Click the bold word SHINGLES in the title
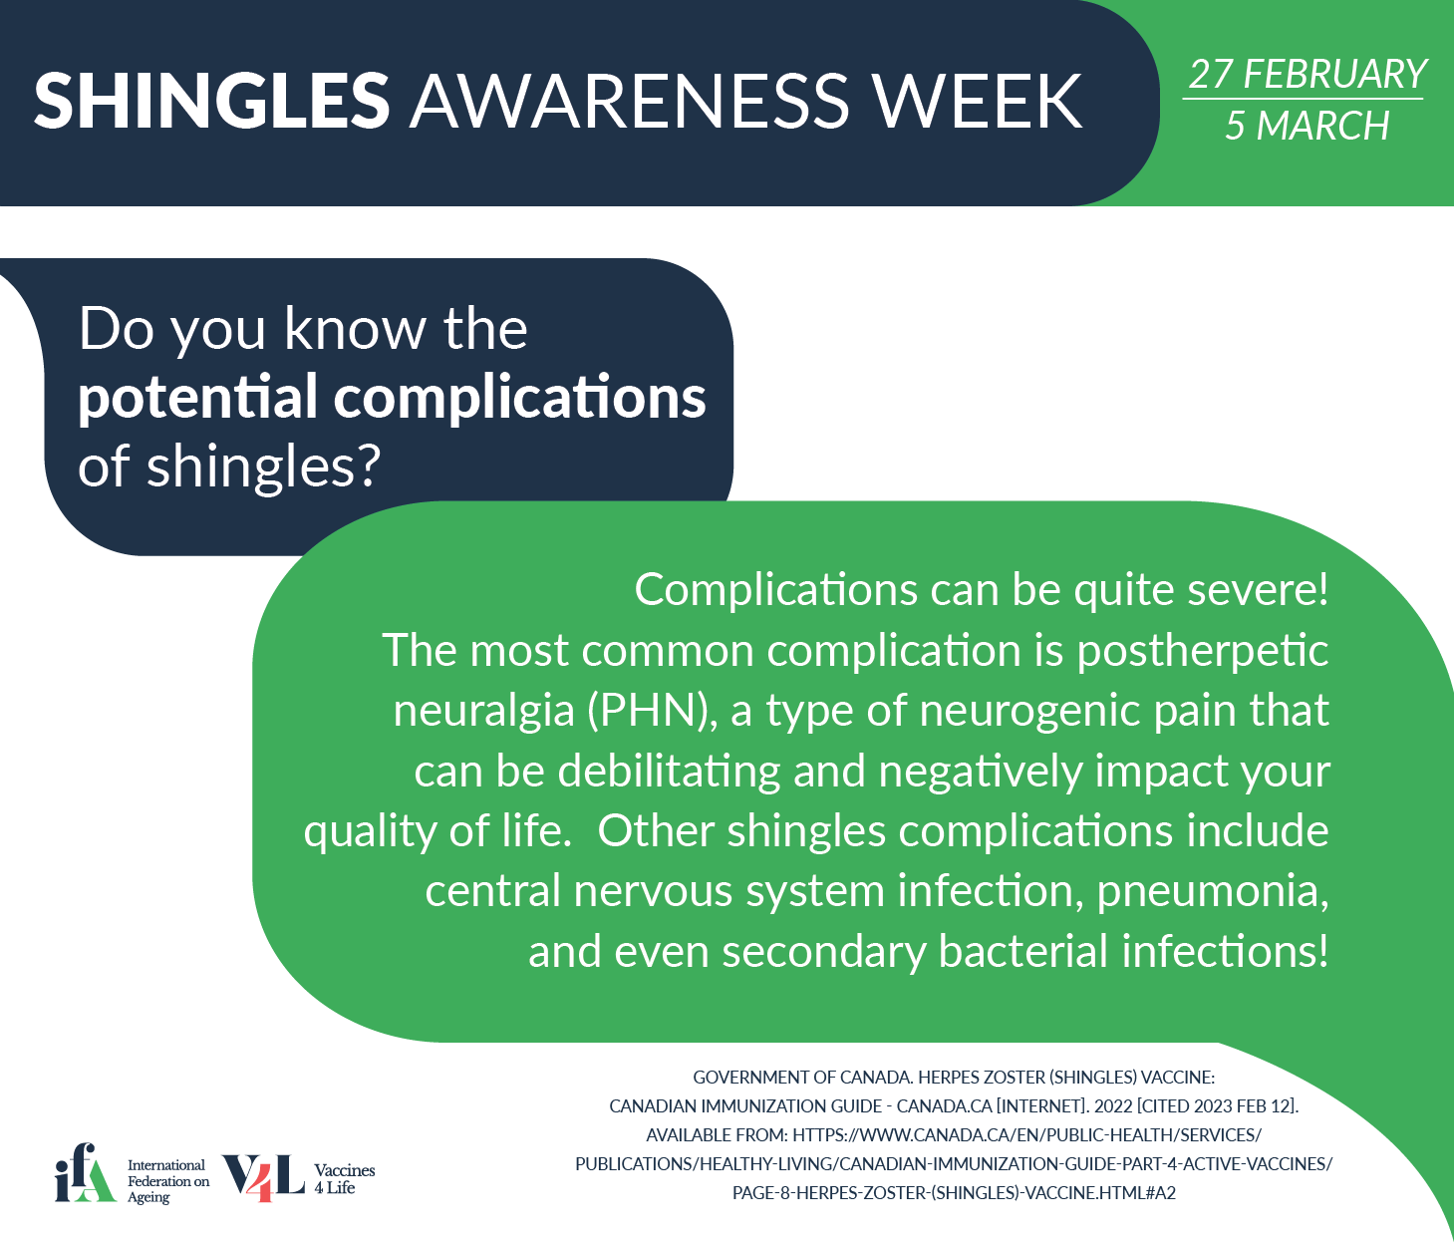[x=211, y=100]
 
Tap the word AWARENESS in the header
[x=630, y=100]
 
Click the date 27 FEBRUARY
[x=1307, y=74]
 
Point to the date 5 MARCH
[x=1307, y=126]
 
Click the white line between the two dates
[x=1303, y=100]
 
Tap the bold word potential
[x=197, y=399]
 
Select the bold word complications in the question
[x=519, y=399]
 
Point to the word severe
[x=1252, y=589]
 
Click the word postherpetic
[x=1202, y=651]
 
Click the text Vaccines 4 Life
[x=344, y=1179]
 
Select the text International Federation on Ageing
[x=168, y=1181]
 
